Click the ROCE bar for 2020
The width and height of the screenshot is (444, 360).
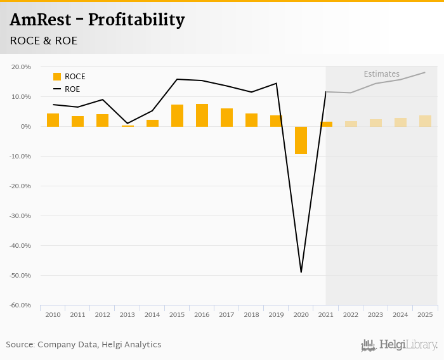301,140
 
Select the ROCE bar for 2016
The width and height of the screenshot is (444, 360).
202,115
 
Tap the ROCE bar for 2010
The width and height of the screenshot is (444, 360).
53,120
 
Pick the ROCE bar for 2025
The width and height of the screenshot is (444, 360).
425,121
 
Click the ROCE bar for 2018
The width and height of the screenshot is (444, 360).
251,120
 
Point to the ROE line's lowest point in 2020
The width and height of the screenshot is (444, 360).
301,272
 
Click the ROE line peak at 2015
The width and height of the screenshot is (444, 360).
177,79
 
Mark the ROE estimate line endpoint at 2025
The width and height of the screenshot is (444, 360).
425,72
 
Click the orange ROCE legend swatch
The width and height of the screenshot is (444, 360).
57,77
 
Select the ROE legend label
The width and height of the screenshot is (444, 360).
72,89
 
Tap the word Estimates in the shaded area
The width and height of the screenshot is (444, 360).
382,74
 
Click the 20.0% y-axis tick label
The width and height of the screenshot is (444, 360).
22,67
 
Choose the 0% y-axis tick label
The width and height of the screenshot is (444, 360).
25,127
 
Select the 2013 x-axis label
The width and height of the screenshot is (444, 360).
127,314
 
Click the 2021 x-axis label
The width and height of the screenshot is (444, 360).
325,314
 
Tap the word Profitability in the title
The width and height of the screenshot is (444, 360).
136,20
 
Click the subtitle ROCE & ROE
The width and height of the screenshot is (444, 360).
44,41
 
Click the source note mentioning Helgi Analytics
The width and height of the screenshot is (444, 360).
84,345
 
